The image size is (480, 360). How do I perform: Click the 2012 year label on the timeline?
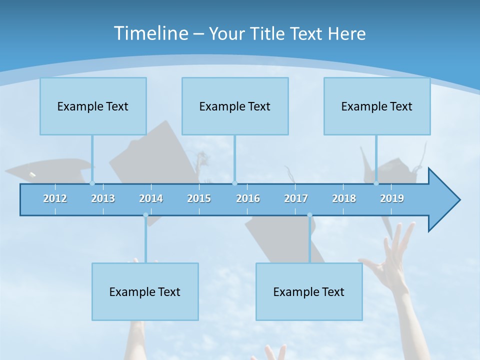coord(55,198)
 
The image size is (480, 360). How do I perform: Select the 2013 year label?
coord(103,198)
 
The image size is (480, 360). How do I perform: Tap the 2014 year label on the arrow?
coord(151,198)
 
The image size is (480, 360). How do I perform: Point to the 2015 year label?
coord(199,198)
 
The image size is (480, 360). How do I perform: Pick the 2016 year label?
coord(248,198)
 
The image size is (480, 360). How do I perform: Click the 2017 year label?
coord(296,198)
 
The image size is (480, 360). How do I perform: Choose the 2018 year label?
coord(344,198)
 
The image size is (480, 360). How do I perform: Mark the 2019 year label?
coord(392,198)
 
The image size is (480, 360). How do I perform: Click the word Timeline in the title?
coord(150,33)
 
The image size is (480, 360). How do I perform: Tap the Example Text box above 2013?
coord(93,106)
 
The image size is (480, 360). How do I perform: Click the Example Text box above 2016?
coord(235,106)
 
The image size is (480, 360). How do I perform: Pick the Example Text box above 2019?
coord(377,106)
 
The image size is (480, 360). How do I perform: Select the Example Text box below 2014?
coord(145,291)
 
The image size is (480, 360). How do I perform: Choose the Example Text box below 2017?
coord(309,291)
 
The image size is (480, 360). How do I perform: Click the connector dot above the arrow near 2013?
coord(92,183)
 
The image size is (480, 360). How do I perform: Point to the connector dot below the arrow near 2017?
coord(309,215)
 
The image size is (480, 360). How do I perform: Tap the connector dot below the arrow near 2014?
coord(145,215)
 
